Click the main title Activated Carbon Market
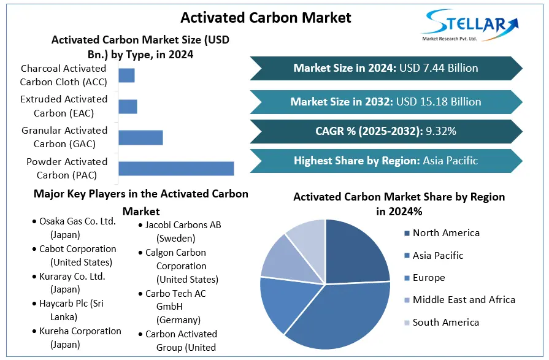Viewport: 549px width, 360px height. pyautogui.click(x=266, y=17)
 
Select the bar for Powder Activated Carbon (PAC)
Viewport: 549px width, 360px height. pyautogui.click(x=176, y=169)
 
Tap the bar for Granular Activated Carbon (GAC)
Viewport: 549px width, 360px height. pyautogui.click(x=140, y=137)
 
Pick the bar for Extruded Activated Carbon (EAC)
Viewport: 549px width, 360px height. pyautogui.click(x=128, y=106)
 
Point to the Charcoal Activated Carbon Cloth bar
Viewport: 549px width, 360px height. pyautogui.click(x=126, y=75)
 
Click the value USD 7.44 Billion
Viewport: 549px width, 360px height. pyautogui.click(x=439, y=68)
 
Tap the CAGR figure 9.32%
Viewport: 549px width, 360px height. pyautogui.click(x=437, y=131)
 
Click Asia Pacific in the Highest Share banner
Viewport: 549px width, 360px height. pyautogui.click(x=450, y=161)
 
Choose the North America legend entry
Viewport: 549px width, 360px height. pyautogui.click(x=446, y=233)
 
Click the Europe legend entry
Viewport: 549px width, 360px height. pyautogui.click(x=429, y=278)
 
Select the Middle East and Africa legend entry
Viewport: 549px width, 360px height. pyautogui.click(x=464, y=300)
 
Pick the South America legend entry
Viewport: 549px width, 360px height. pyautogui.click(x=446, y=323)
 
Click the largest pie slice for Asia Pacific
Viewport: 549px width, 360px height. pyautogui.click(x=344, y=313)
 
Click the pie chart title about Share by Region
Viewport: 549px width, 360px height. pyautogui.click(x=399, y=204)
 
